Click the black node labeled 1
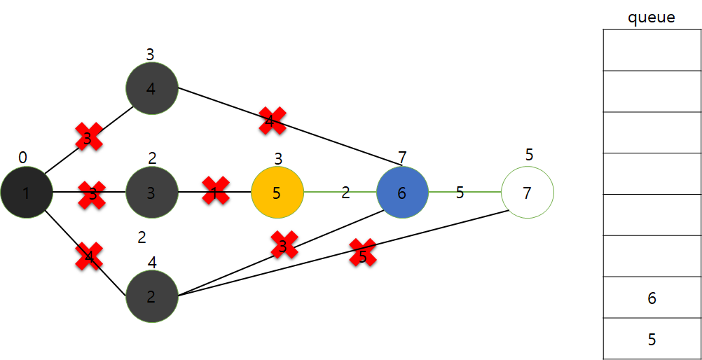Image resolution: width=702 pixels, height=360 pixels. (26, 193)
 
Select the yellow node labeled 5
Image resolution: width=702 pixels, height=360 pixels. (277, 193)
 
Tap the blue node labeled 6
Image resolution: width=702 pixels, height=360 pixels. (402, 193)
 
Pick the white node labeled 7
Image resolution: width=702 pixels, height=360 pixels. (528, 192)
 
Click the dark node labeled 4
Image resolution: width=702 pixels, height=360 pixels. (151, 89)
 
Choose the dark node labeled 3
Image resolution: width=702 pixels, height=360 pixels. (151, 193)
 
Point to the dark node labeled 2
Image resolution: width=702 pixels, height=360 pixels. (151, 296)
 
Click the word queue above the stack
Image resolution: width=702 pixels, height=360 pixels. (651, 18)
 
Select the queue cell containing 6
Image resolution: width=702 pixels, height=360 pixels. (652, 298)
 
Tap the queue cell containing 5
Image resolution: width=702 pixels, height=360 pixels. (652, 340)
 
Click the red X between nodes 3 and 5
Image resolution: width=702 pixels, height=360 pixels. (216, 191)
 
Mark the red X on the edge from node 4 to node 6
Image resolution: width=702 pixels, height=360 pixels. (272, 120)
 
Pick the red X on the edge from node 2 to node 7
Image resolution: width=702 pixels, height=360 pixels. (363, 253)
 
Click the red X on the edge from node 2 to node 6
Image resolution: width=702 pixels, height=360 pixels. (284, 245)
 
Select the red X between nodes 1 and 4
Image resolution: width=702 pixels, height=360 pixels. (89, 137)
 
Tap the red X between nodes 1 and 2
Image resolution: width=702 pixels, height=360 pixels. (89, 256)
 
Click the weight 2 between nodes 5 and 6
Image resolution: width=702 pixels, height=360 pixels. (345, 193)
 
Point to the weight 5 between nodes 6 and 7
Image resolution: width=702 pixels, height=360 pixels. (460, 193)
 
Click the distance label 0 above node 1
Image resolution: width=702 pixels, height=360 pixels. (22, 158)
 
